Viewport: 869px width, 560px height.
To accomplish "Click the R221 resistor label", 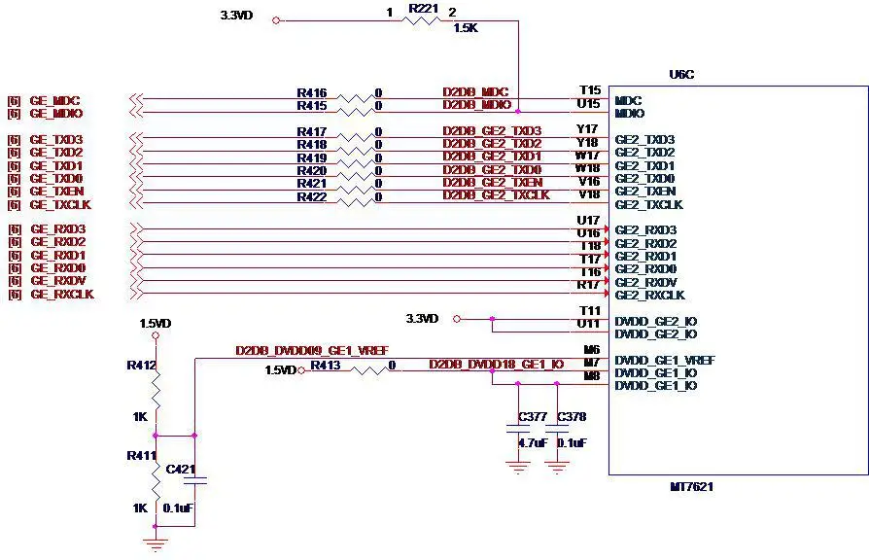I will click(x=424, y=8).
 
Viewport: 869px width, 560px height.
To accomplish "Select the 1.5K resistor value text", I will click(x=466, y=28).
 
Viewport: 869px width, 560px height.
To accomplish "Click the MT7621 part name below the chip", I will click(x=691, y=486).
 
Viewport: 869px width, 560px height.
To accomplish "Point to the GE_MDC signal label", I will click(x=54, y=101).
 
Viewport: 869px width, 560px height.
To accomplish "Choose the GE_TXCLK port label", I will click(x=61, y=204).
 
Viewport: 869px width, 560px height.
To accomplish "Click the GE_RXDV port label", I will click(x=57, y=281).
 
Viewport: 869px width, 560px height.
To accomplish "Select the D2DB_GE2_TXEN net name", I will click(x=492, y=182).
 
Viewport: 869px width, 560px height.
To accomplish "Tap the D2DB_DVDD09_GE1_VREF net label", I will click(x=312, y=350).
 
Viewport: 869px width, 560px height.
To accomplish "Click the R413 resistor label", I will click(x=325, y=366).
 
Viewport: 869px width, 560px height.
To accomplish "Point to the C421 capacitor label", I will click(x=181, y=470).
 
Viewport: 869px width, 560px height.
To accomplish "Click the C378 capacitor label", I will click(x=572, y=417).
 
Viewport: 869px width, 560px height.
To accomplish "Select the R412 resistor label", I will click(x=141, y=366).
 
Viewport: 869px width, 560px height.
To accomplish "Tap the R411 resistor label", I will click(x=141, y=455).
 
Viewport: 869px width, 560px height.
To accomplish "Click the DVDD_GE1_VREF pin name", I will click(x=664, y=360).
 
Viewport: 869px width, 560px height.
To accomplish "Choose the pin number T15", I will click(x=588, y=90).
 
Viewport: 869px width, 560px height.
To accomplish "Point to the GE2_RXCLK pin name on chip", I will click(x=649, y=295).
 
